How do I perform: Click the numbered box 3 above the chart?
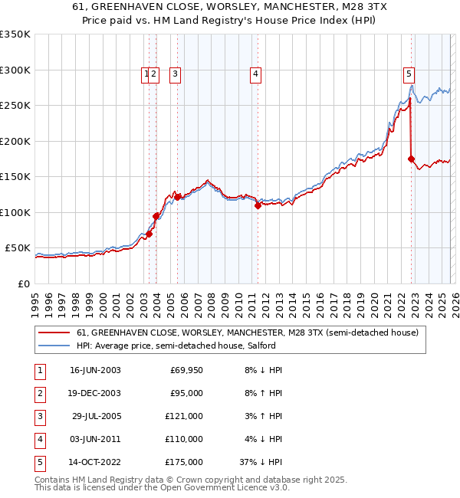176,74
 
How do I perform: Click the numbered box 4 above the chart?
255,74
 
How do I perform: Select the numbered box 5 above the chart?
409,74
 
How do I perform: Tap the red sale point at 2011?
258,205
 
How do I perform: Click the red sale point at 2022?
412,159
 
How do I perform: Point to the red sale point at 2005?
178,197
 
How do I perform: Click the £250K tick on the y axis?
15,106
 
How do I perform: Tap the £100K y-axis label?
15,212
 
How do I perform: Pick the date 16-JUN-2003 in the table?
95,370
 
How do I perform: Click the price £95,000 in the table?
184,393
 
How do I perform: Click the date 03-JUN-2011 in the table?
95,439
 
